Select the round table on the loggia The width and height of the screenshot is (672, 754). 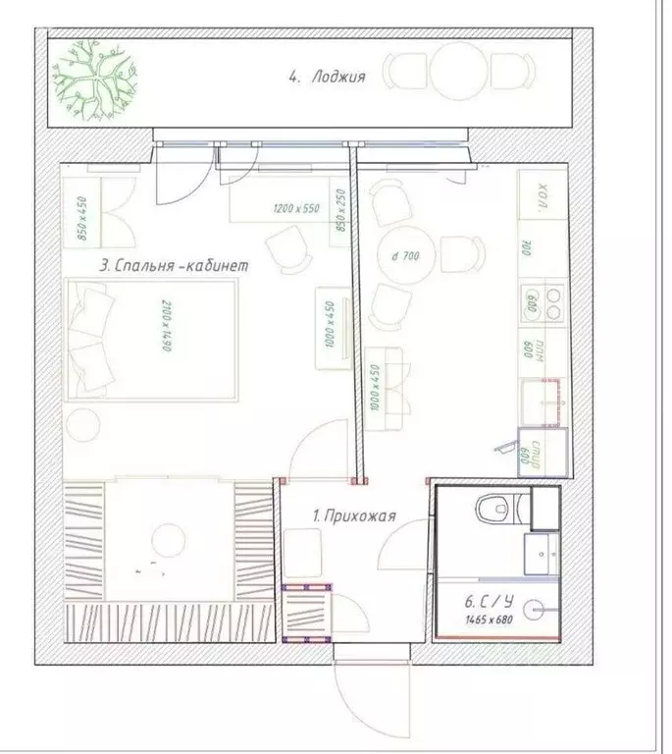click(x=456, y=73)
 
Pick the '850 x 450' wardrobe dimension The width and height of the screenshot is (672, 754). click(x=83, y=218)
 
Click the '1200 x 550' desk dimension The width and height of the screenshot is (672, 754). click(x=295, y=209)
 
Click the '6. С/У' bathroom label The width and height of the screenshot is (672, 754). click(x=488, y=602)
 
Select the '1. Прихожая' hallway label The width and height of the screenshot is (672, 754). click(x=352, y=514)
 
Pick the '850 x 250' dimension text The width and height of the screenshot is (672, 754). click(x=341, y=209)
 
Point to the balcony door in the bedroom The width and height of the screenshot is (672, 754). click(x=182, y=172)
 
